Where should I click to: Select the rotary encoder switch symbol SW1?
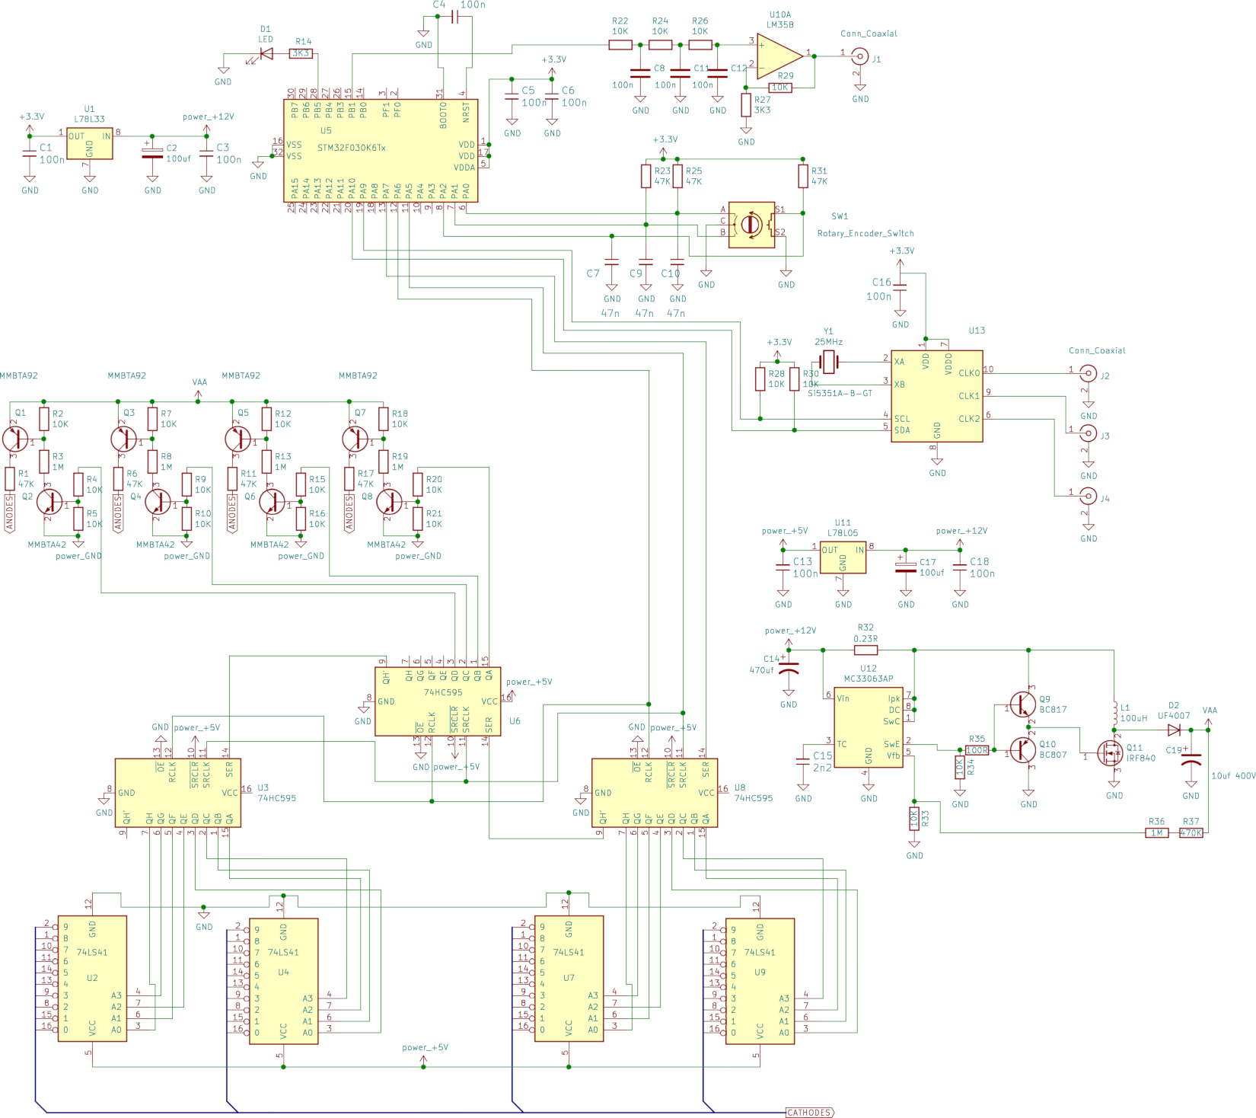pyautogui.click(x=751, y=224)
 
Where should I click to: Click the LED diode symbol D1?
pyautogui.click(x=266, y=53)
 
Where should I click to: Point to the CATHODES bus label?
pyautogui.click(x=809, y=1113)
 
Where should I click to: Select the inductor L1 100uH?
pyautogui.click(x=1114, y=713)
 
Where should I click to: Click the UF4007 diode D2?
pyautogui.click(x=1174, y=730)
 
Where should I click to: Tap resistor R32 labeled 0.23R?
pyautogui.click(x=865, y=650)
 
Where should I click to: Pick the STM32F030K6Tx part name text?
pyautogui.click(x=352, y=148)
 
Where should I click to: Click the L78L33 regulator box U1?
pyautogui.click(x=90, y=142)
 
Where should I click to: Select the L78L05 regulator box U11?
pyautogui.click(x=843, y=557)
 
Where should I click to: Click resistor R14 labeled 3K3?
pyautogui.click(x=301, y=53)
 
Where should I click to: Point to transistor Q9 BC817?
pyautogui.click(x=1022, y=704)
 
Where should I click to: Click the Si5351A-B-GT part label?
pyautogui.click(x=840, y=393)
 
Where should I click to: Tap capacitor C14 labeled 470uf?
pyautogui.click(x=789, y=670)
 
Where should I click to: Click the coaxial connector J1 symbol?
pyautogui.click(x=860, y=56)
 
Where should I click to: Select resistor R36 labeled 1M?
pyautogui.click(x=1156, y=832)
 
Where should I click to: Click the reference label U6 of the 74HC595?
pyautogui.click(x=515, y=720)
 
